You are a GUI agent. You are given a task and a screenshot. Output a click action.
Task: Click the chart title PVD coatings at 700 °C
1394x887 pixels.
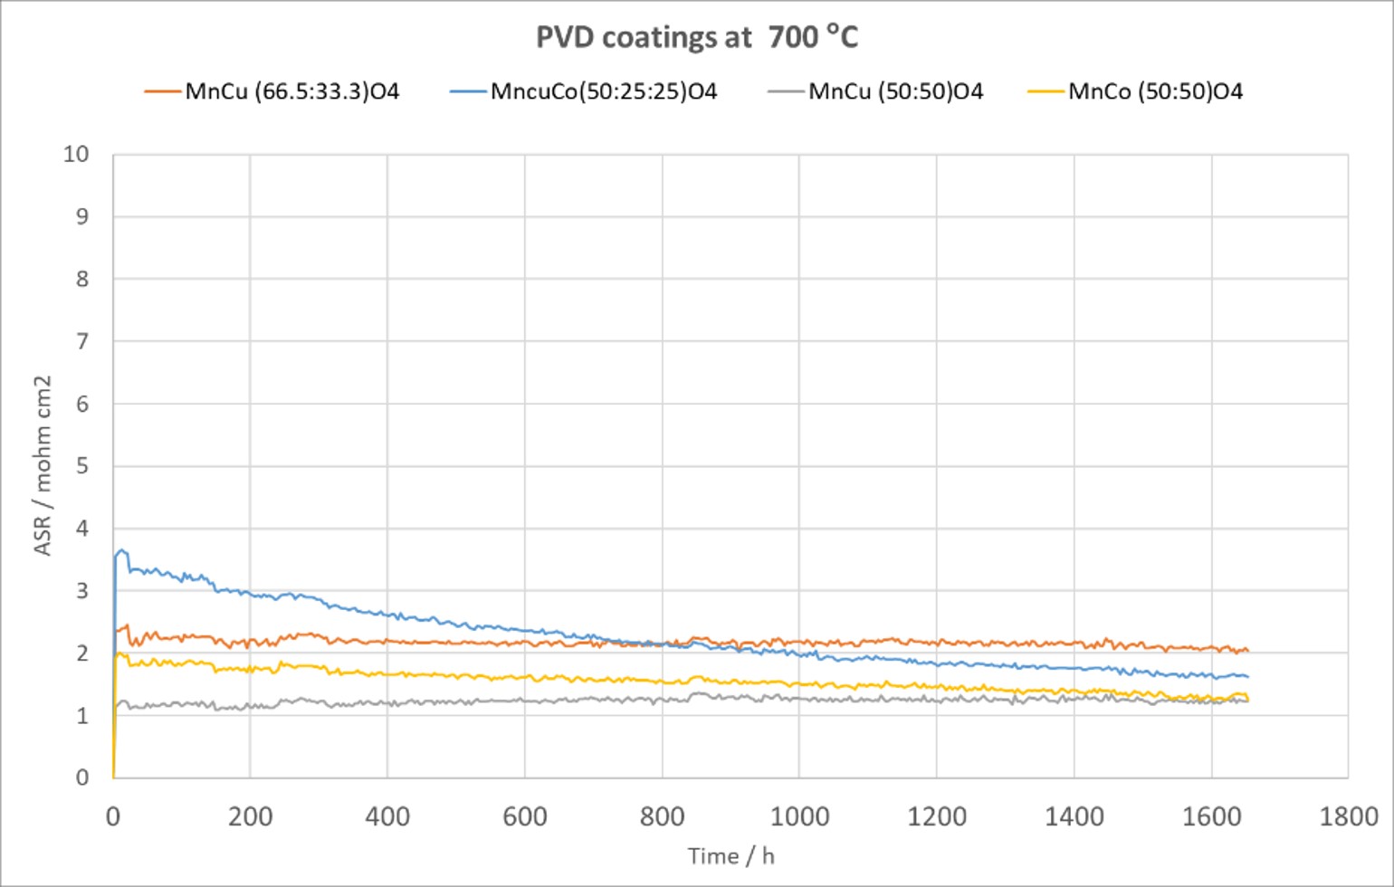[x=696, y=37]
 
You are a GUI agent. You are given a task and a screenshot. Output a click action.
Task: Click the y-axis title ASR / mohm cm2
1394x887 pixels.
[x=42, y=465]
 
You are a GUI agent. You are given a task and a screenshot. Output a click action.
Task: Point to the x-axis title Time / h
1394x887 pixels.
[x=730, y=856]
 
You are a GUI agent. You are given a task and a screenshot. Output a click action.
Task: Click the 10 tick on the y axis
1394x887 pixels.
[x=76, y=154]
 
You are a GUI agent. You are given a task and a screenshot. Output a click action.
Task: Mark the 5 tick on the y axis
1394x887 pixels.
[x=82, y=466]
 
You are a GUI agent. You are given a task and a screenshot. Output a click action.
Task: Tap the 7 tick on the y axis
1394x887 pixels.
[x=82, y=341]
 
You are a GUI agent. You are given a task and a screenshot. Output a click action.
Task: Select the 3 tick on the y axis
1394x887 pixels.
[x=82, y=591]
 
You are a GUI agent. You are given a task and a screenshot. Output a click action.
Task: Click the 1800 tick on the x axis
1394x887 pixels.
[x=1348, y=817]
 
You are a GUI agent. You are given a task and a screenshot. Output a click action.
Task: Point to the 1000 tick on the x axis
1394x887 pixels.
[x=799, y=817]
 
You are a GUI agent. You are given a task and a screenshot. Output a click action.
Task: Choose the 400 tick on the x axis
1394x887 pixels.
[x=387, y=817]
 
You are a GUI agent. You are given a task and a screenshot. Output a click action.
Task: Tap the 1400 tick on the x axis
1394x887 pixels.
[x=1074, y=817]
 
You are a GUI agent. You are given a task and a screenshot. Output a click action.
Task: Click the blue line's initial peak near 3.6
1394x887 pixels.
[x=121, y=549]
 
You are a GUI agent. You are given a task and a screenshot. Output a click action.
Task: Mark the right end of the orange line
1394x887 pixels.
[x=1248, y=651]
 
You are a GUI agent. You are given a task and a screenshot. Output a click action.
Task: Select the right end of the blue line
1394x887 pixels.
[x=1248, y=677]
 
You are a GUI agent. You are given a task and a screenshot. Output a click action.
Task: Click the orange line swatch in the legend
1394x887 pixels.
[x=163, y=91]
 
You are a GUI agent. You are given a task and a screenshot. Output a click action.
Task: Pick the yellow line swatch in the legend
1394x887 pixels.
[x=1045, y=91]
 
